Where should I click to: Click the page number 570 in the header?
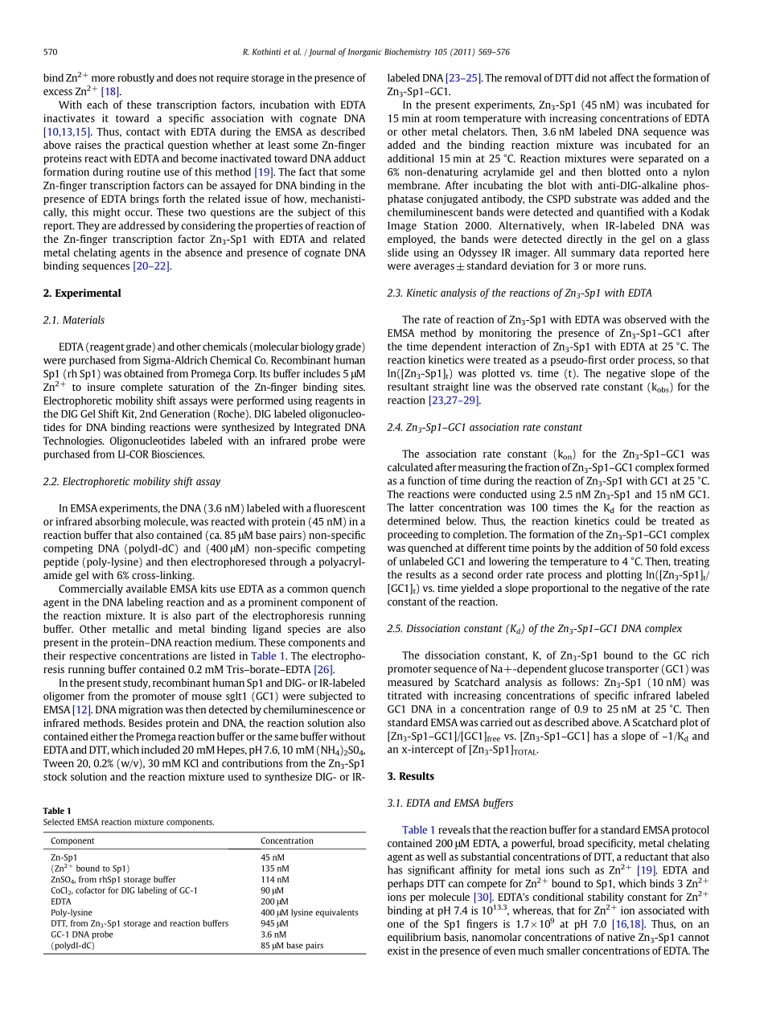tap(50, 52)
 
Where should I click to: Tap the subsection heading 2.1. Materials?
tap(74, 320)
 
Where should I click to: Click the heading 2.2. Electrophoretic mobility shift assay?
tap(132, 482)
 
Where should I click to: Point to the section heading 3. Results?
tap(411, 776)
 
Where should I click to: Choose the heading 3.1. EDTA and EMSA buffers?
tap(450, 803)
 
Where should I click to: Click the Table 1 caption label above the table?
tap(57, 811)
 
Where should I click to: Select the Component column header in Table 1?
tap(72, 840)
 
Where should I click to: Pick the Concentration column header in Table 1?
tap(287, 840)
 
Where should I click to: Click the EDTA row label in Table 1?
tap(61, 902)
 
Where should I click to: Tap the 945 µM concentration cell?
tap(275, 923)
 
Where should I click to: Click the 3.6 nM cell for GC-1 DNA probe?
tap(273, 935)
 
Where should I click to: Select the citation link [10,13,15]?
tap(68, 132)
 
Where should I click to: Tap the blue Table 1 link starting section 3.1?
tap(419, 830)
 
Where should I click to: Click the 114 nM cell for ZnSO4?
tap(274, 880)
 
